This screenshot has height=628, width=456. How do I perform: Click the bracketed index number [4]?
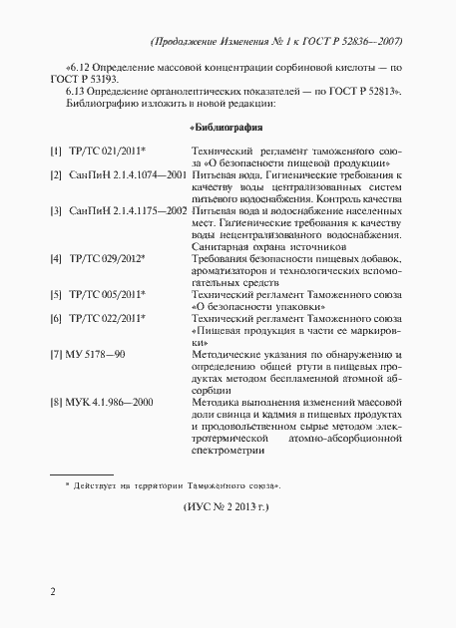tap(56, 258)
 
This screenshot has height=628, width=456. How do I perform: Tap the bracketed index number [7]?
tap(56, 354)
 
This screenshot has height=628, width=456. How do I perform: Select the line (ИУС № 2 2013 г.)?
tap(228, 506)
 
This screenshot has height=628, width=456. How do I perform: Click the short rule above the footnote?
tap(81, 473)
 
